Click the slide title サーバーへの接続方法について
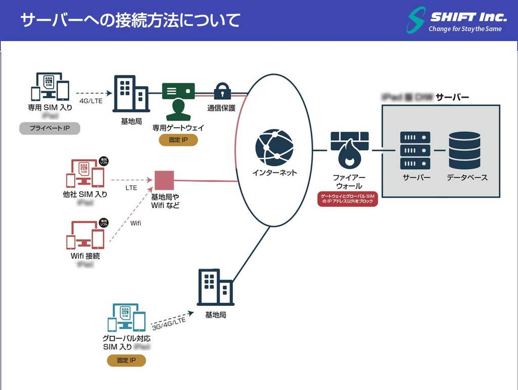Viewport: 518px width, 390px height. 130,20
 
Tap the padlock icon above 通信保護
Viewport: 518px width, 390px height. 222,91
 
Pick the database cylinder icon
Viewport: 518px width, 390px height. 464,150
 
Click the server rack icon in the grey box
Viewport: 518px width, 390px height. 415,150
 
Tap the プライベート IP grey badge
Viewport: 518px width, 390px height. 50,128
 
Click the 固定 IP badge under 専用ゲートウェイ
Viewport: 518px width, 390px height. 178,139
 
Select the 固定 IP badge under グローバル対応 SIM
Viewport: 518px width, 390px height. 126,361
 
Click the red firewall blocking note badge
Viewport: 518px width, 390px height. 348,199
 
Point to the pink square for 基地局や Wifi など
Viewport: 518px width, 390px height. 164,180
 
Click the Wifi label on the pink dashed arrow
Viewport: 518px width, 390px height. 136,223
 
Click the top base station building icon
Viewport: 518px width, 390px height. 130,94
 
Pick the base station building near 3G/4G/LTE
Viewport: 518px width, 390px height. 215,287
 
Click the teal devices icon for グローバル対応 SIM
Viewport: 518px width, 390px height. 126,318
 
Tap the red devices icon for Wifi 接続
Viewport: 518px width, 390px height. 85,235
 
